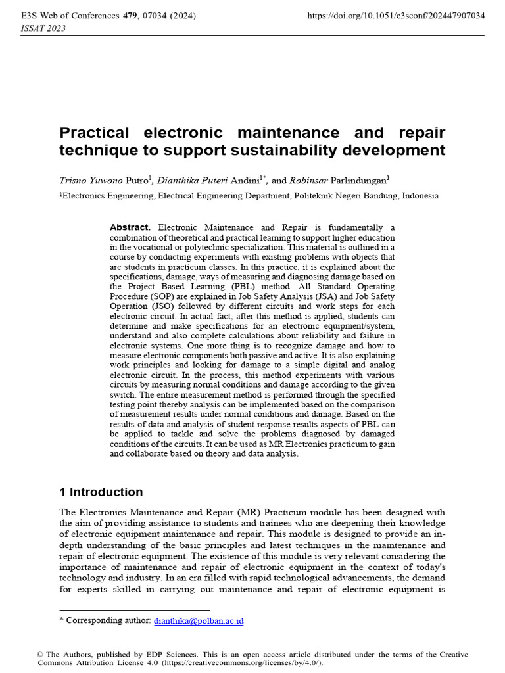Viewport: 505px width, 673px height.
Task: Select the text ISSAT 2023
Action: (39, 28)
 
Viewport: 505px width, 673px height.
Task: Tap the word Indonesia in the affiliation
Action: (420, 196)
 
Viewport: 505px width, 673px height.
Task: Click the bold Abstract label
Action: (130, 227)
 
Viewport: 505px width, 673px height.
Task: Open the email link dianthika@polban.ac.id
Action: (199, 620)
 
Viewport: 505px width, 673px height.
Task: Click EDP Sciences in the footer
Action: (173, 655)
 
